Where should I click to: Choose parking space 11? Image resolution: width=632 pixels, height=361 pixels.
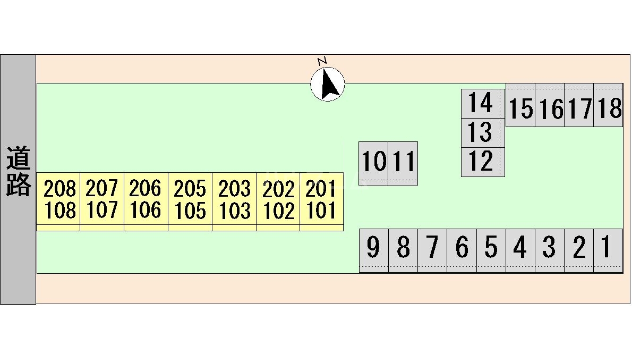coord(403,162)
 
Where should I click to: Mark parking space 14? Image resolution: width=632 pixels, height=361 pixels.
coord(481,103)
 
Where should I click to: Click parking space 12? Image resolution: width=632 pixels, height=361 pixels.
coord(481,162)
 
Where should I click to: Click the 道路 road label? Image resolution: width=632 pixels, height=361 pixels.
coord(18,172)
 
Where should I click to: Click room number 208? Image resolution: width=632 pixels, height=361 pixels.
coord(59,189)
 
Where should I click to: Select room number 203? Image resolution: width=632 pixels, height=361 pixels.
coord(234,189)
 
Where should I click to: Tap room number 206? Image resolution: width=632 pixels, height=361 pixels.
coord(146,188)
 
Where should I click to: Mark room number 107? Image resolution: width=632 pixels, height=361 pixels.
coord(102,211)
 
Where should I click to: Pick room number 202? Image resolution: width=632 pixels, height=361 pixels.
coord(278,189)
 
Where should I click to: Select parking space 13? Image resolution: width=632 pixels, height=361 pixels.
coord(481,132)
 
